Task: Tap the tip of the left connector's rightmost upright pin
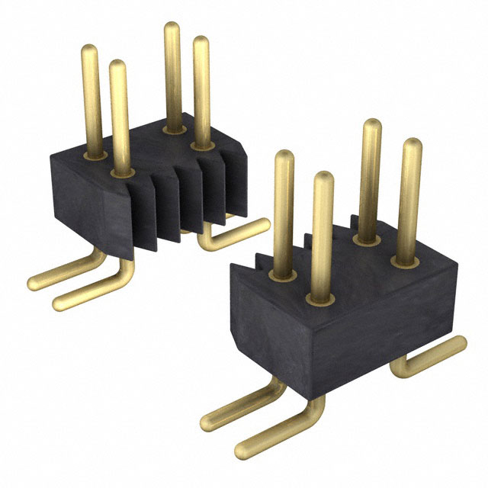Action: (201, 41)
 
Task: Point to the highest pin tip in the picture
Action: (172, 27)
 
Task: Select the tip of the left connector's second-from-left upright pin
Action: (118, 66)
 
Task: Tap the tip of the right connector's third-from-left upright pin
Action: (372, 125)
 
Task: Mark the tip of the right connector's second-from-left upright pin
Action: (323, 177)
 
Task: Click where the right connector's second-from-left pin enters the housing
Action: (320, 295)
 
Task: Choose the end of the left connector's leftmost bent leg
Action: (34, 284)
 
